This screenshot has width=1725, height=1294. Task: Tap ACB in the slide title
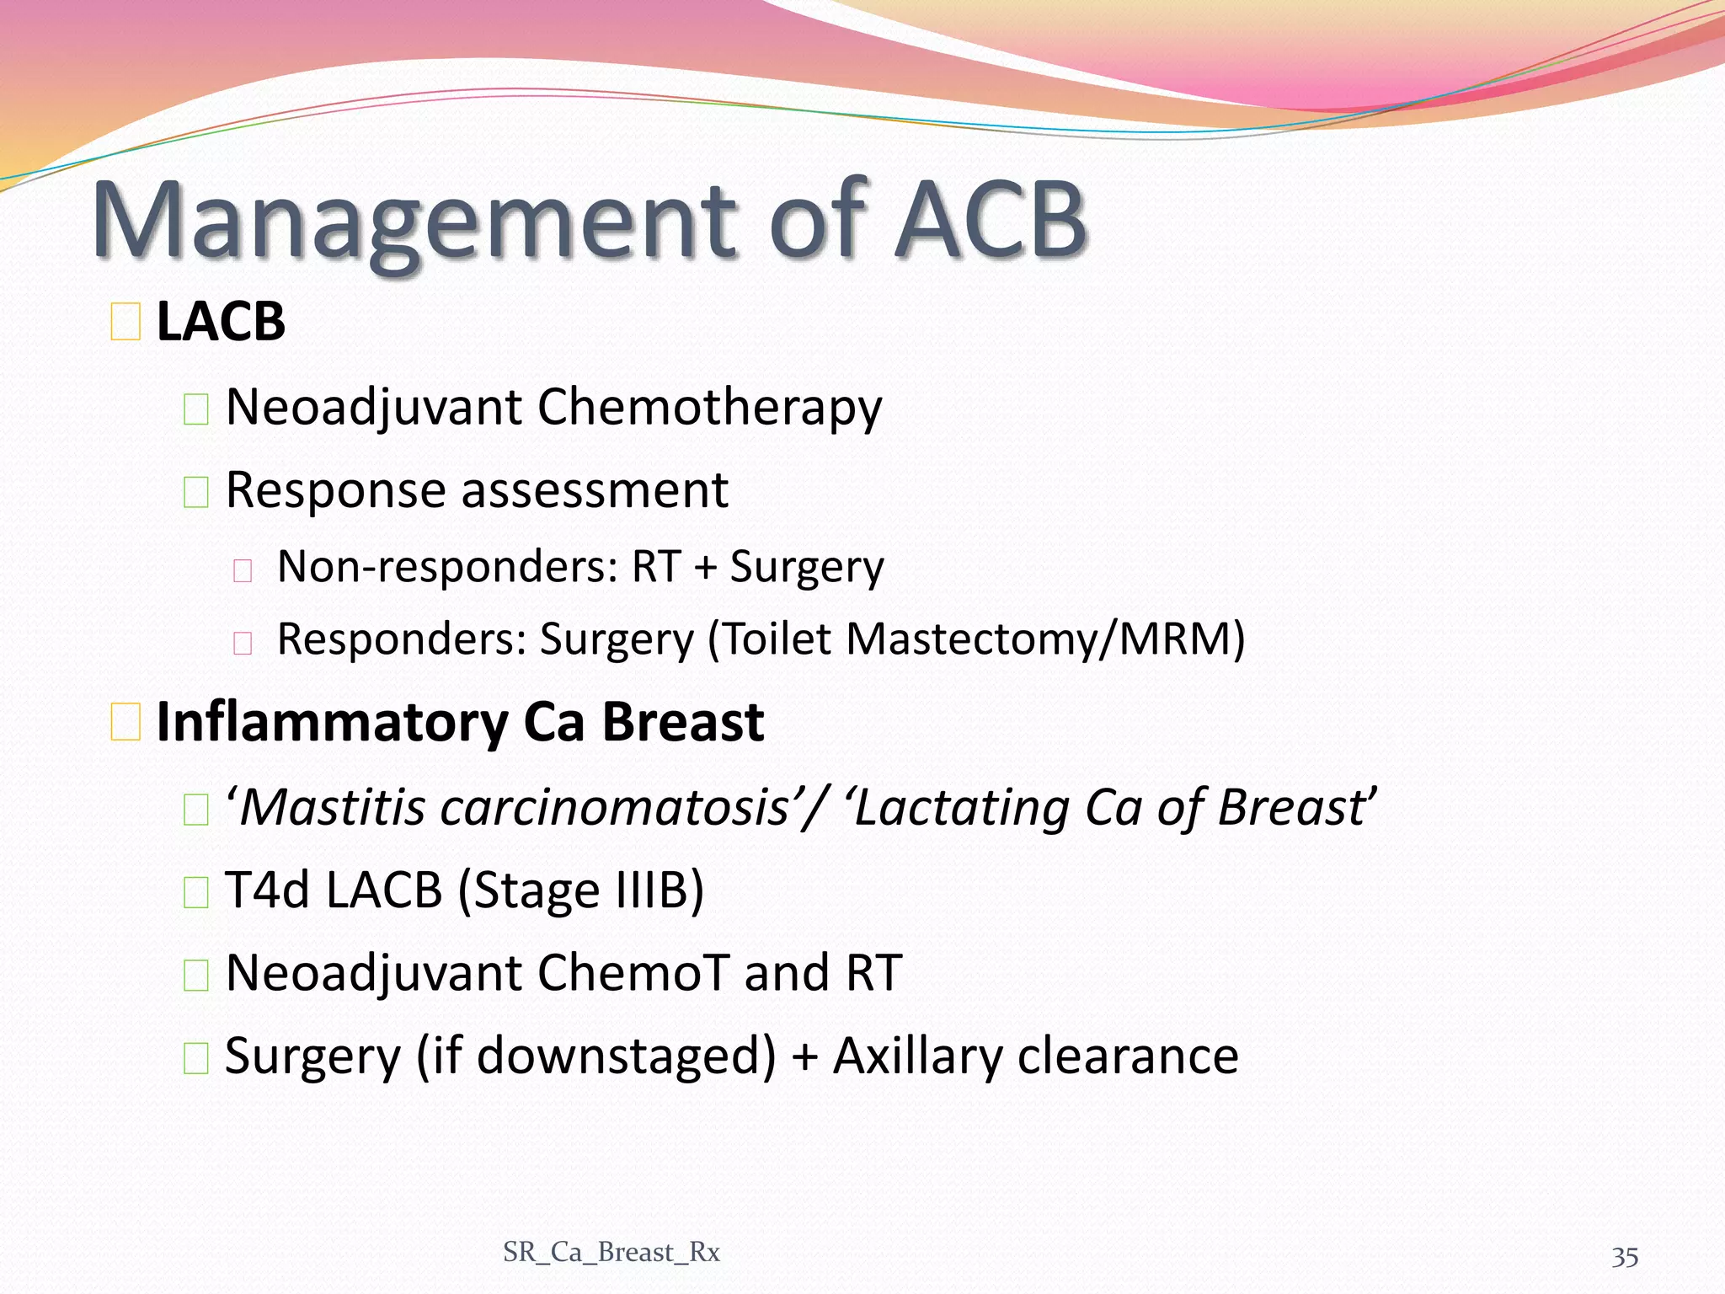coord(991,221)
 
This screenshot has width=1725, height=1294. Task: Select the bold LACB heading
coord(221,322)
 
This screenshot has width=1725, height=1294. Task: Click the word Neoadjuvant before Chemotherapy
coord(374,408)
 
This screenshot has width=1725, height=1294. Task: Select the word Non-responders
coord(447,567)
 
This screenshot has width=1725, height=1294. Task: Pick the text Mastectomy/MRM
coord(1044,639)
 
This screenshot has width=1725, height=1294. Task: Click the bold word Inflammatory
coord(332,724)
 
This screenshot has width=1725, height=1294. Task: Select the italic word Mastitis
coord(333,807)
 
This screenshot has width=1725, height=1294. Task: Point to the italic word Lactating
coord(961,807)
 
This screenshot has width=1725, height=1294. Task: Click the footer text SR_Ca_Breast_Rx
coord(611,1253)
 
